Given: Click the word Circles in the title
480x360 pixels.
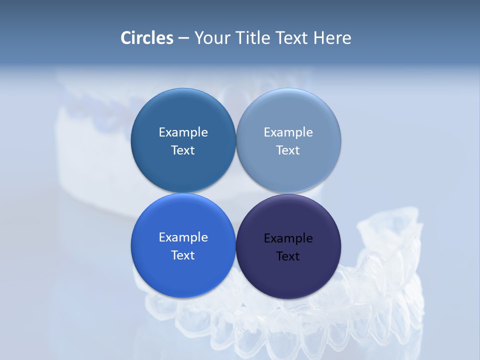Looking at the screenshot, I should click(x=147, y=38).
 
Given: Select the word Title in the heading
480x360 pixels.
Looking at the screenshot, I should click(x=255, y=38).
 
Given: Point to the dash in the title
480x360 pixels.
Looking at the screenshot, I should click(x=183, y=38).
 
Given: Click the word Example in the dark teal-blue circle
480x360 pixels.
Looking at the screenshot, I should click(x=183, y=132).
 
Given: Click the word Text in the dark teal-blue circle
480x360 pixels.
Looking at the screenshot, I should click(x=183, y=150).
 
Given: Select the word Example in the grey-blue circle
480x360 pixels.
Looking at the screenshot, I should click(x=288, y=132).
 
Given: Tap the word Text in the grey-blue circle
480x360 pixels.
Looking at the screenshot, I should click(x=288, y=150).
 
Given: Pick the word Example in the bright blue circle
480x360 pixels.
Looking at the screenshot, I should click(x=183, y=237).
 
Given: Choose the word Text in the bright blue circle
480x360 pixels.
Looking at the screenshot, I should click(x=183, y=255).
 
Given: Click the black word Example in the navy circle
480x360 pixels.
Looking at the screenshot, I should click(x=288, y=238).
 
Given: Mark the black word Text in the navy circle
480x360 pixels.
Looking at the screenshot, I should click(x=288, y=256).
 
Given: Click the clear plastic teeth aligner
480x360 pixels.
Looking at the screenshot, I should click(x=380, y=280).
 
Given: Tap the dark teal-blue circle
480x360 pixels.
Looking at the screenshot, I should click(x=183, y=167).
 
